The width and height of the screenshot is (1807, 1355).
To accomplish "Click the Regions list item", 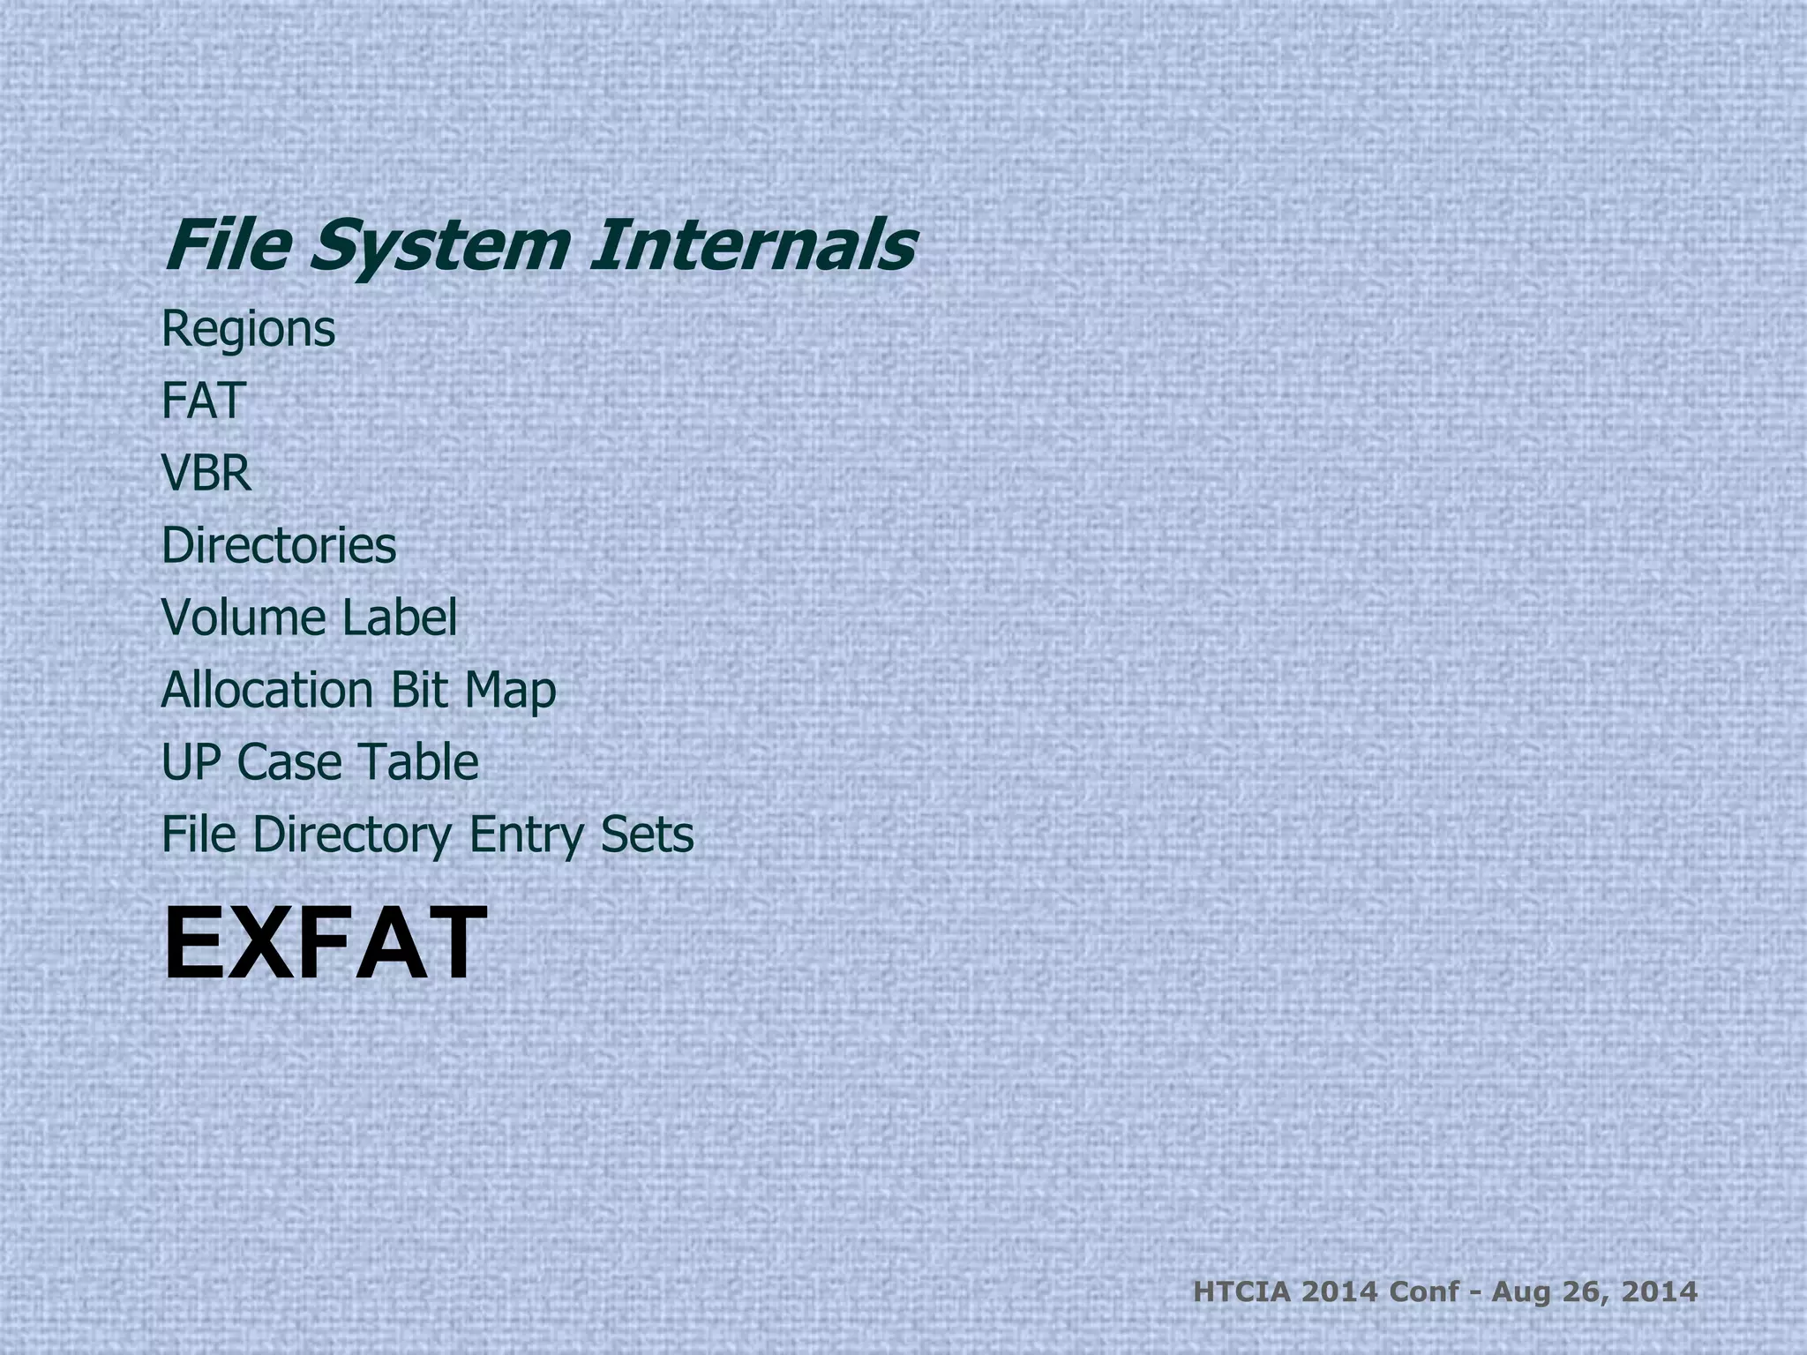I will [x=248, y=330].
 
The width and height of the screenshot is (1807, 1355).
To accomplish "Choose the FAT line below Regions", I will [x=203, y=401].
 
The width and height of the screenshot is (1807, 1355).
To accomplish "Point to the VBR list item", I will [x=206, y=473].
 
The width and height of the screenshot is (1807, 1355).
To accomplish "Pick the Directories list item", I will [x=279, y=545].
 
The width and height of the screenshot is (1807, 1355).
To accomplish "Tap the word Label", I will [x=399, y=618].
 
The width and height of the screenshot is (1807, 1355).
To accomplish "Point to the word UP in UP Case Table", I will [x=191, y=762].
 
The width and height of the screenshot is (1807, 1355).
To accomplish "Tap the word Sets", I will [x=647, y=835].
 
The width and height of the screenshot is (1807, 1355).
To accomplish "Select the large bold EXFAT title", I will [x=325, y=944].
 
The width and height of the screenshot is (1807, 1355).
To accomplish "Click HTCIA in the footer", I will [x=1242, y=1292].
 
